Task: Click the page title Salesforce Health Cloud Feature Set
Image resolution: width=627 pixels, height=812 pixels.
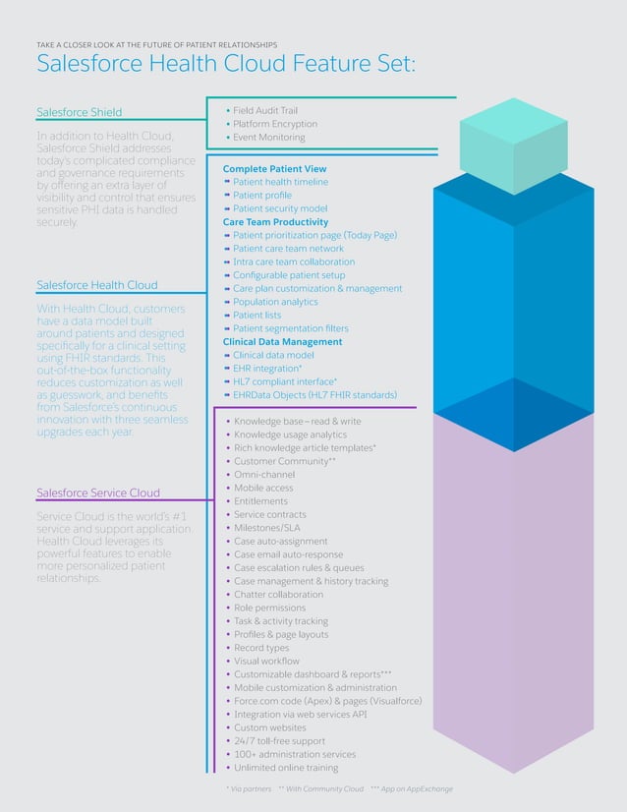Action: click(x=226, y=64)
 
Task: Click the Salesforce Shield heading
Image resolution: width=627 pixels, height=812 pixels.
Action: click(x=80, y=112)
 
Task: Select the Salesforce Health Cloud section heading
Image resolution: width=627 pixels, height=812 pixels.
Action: click(x=96, y=285)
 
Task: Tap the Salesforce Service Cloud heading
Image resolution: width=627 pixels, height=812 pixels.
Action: click(x=98, y=493)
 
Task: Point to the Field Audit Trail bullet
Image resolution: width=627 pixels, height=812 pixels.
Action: click(x=264, y=111)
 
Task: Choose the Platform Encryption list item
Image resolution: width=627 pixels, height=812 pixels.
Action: click(x=275, y=124)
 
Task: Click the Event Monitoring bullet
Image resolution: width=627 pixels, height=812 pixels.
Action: click(x=268, y=138)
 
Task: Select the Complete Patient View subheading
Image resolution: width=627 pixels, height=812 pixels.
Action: click(x=274, y=169)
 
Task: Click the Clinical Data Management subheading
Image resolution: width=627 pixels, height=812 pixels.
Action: click(x=283, y=341)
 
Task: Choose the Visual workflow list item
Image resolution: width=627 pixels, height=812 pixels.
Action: click(x=266, y=661)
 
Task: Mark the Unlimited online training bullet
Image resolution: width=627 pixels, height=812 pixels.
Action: click(x=286, y=767)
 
